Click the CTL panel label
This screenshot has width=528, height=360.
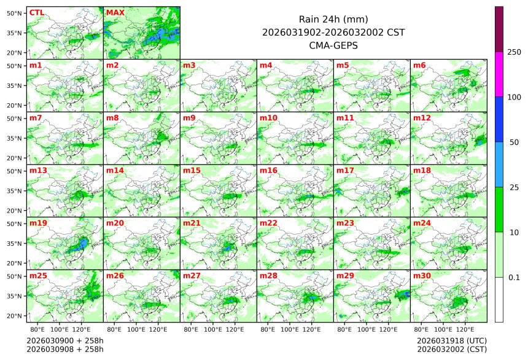[x=36, y=12]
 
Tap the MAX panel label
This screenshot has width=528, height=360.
[x=115, y=12]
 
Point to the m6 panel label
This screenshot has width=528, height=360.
[x=419, y=65]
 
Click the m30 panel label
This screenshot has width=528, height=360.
[x=422, y=276]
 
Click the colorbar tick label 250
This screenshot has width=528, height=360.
[x=514, y=52]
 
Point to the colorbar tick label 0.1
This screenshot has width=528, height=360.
[x=514, y=278]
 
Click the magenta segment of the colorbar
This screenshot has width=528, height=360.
[x=499, y=74]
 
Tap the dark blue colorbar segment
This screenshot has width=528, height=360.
[x=499, y=119]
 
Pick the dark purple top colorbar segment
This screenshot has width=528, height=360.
[x=499, y=29]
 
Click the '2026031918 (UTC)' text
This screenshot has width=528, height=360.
[x=451, y=340]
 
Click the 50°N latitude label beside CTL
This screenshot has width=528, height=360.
[x=15, y=13]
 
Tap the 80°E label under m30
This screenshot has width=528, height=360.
[x=421, y=329]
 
